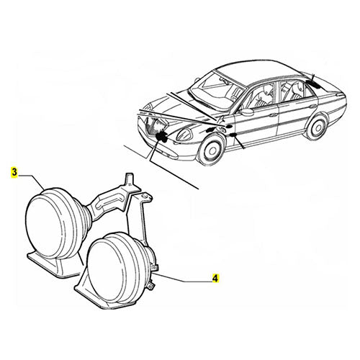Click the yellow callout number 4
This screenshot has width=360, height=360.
pyautogui.click(x=215, y=276)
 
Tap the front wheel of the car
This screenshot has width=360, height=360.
pyautogui.click(x=210, y=148)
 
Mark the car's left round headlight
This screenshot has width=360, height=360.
pyautogui.click(x=179, y=133)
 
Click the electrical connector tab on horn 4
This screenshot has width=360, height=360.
pyautogui.click(x=153, y=287)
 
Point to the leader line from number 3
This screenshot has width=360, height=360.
pyautogui.click(x=29, y=180)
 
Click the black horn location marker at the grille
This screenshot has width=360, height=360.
pyautogui.click(x=161, y=136)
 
